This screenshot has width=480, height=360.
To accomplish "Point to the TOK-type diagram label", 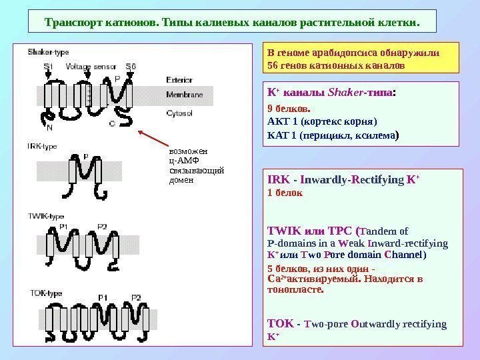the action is [44, 293].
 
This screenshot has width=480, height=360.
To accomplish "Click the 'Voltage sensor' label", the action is [92, 66].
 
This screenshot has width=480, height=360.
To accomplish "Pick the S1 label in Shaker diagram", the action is [48, 66].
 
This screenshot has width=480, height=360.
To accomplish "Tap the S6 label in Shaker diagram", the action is [131, 66].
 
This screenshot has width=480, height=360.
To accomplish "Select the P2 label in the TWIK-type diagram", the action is [102, 227].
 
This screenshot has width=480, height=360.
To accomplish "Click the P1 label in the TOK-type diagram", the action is [103, 297].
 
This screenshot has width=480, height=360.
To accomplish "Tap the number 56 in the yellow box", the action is [273, 67].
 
